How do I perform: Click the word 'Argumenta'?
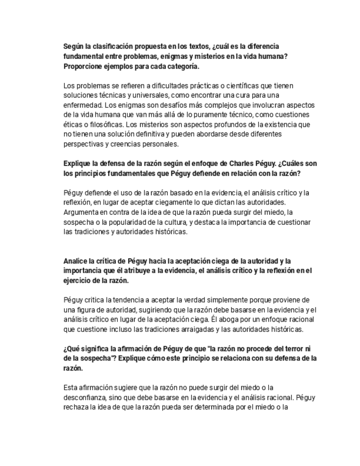pyautogui.click(x=81, y=212)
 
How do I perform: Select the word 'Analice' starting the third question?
pyautogui.click(x=75, y=260)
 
